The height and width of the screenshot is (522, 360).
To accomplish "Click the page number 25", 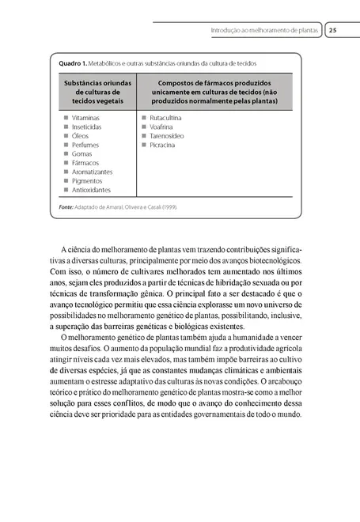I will point(332,31).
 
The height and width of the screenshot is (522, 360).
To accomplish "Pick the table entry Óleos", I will point(81,135).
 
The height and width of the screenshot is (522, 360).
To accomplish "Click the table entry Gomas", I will point(82,153).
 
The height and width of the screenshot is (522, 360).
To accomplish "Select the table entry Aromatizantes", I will point(92,172).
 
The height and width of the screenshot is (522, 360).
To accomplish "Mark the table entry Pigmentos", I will point(88,181).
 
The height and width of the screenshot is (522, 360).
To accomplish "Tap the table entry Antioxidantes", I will point(91,190).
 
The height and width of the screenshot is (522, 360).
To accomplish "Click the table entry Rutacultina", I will point(165,117).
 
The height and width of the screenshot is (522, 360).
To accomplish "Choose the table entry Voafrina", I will point(161,127).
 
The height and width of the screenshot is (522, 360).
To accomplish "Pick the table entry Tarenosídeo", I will point(166,135).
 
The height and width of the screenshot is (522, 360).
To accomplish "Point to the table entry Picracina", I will point(162,145).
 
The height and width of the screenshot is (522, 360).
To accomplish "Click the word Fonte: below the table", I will point(66,207).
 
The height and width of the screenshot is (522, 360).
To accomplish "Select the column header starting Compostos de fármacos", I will point(216,92).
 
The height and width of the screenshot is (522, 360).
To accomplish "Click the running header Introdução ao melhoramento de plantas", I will point(264,31).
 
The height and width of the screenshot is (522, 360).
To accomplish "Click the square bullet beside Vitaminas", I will point(65,117).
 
